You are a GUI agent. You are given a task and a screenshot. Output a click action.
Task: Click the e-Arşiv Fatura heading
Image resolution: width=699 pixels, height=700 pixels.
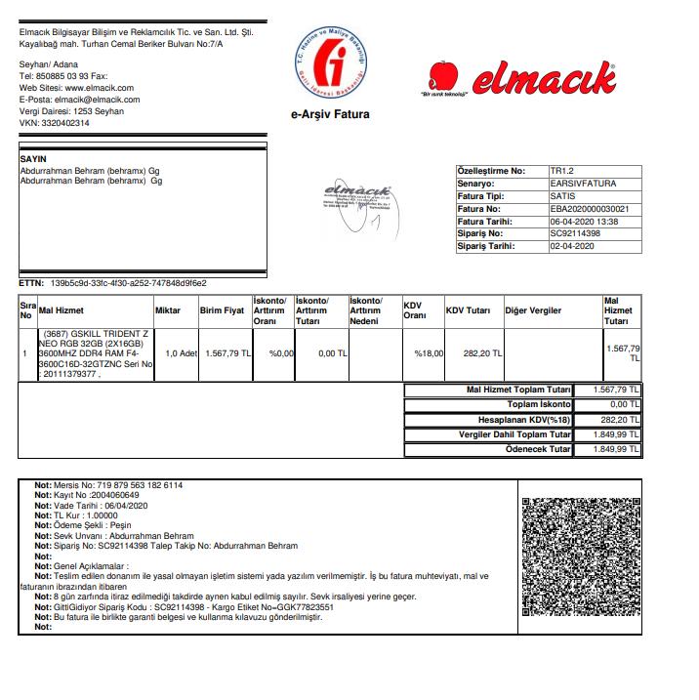pos(330,114)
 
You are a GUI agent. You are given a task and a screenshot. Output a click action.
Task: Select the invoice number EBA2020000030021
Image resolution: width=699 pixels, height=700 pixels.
pos(590,209)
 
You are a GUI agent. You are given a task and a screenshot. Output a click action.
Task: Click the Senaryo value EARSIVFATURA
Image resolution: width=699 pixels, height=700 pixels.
pos(583,184)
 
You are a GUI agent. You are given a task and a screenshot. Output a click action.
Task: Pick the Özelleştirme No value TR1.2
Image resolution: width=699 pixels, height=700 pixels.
pos(562,171)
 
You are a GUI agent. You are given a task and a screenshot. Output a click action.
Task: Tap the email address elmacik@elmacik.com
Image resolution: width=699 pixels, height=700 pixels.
pos(98,100)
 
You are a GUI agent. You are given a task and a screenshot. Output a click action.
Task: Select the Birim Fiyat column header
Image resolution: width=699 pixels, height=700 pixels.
pos(222,310)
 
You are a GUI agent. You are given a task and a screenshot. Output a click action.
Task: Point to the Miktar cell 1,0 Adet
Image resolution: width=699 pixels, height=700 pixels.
pos(182,353)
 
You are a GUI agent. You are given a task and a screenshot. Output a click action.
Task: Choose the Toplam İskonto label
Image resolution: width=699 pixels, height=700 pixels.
pos(538,404)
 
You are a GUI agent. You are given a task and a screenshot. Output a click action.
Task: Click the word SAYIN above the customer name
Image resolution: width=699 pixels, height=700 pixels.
pos(33,158)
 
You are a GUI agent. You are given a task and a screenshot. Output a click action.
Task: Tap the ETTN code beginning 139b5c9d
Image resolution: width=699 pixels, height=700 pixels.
pos(128,283)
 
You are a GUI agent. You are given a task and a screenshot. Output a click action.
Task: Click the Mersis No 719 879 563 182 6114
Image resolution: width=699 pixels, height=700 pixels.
pos(134,485)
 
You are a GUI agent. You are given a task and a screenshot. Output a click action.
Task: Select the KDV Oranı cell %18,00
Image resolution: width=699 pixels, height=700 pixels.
pos(429,353)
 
